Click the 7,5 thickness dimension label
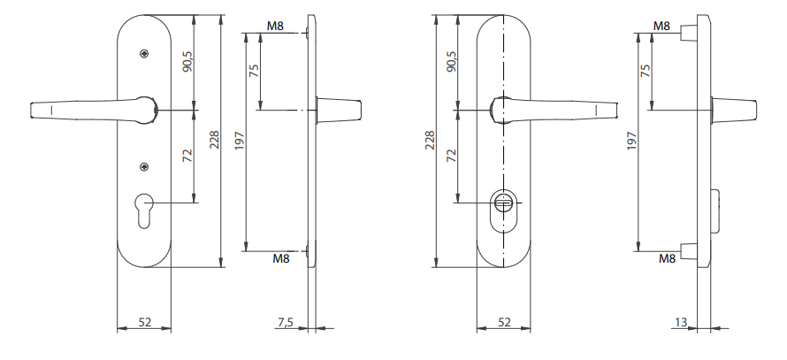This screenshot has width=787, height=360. [x=285, y=322]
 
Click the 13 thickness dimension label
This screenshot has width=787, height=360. [x=681, y=322]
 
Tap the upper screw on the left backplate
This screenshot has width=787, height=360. [x=144, y=52]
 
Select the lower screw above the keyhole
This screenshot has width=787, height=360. [x=144, y=166]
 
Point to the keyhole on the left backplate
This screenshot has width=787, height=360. [x=144, y=211]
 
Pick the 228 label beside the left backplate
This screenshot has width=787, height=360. [x=214, y=140]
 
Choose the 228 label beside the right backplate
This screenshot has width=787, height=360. [x=430, y=140]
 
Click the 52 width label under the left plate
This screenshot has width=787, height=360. [x=144, y=322]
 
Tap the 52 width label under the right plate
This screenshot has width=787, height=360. [x=504, y=322]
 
